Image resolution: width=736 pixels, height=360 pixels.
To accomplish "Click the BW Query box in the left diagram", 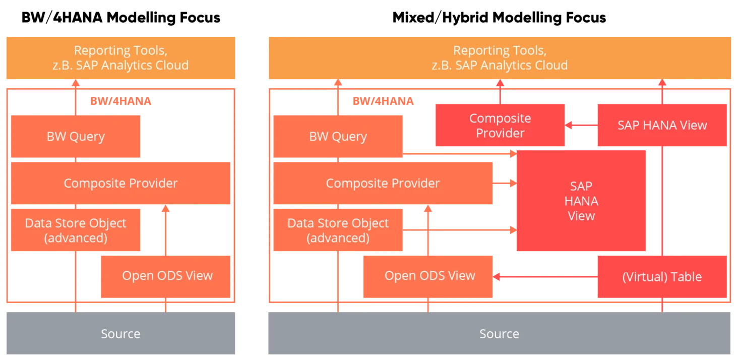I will (x=76, y=137).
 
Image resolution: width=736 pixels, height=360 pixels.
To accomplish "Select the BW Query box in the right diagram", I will (x=338, y=137).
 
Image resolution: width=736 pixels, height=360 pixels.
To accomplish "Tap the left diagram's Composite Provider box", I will (x=120, y=183).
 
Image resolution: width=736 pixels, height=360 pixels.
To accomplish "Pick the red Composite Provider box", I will (x=500, y=126).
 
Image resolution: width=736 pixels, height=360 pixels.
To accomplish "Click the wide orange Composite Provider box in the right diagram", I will (x=383, y=183).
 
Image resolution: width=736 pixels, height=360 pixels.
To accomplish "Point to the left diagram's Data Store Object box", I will (x=76, y=230).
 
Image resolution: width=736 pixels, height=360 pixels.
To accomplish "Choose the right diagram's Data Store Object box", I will (x=338, y=230).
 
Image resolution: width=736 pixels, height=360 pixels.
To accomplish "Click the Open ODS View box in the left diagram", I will (x=167, y=276).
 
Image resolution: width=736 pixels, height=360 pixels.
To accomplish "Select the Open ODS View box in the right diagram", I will (x=430, y=276).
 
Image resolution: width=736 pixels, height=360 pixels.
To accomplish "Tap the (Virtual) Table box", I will (x=662, y=277).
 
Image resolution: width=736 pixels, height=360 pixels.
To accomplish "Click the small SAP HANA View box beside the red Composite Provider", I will (x=662, y=126).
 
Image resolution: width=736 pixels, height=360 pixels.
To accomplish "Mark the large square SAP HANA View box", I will (x=581, y=201).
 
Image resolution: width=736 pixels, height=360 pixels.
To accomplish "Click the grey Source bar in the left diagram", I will (x=120, y=333).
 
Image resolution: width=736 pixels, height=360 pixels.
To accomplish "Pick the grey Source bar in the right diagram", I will (x=499, y=333).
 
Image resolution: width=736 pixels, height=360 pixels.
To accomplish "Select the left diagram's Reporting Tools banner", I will (x=120, y=58).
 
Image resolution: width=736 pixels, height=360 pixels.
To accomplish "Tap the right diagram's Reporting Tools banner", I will (x=499, y=58).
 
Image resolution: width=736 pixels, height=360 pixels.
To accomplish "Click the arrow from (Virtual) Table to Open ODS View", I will (x=544, y=276).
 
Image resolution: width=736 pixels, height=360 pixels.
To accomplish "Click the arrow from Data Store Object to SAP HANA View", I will (x=459, y=230).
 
